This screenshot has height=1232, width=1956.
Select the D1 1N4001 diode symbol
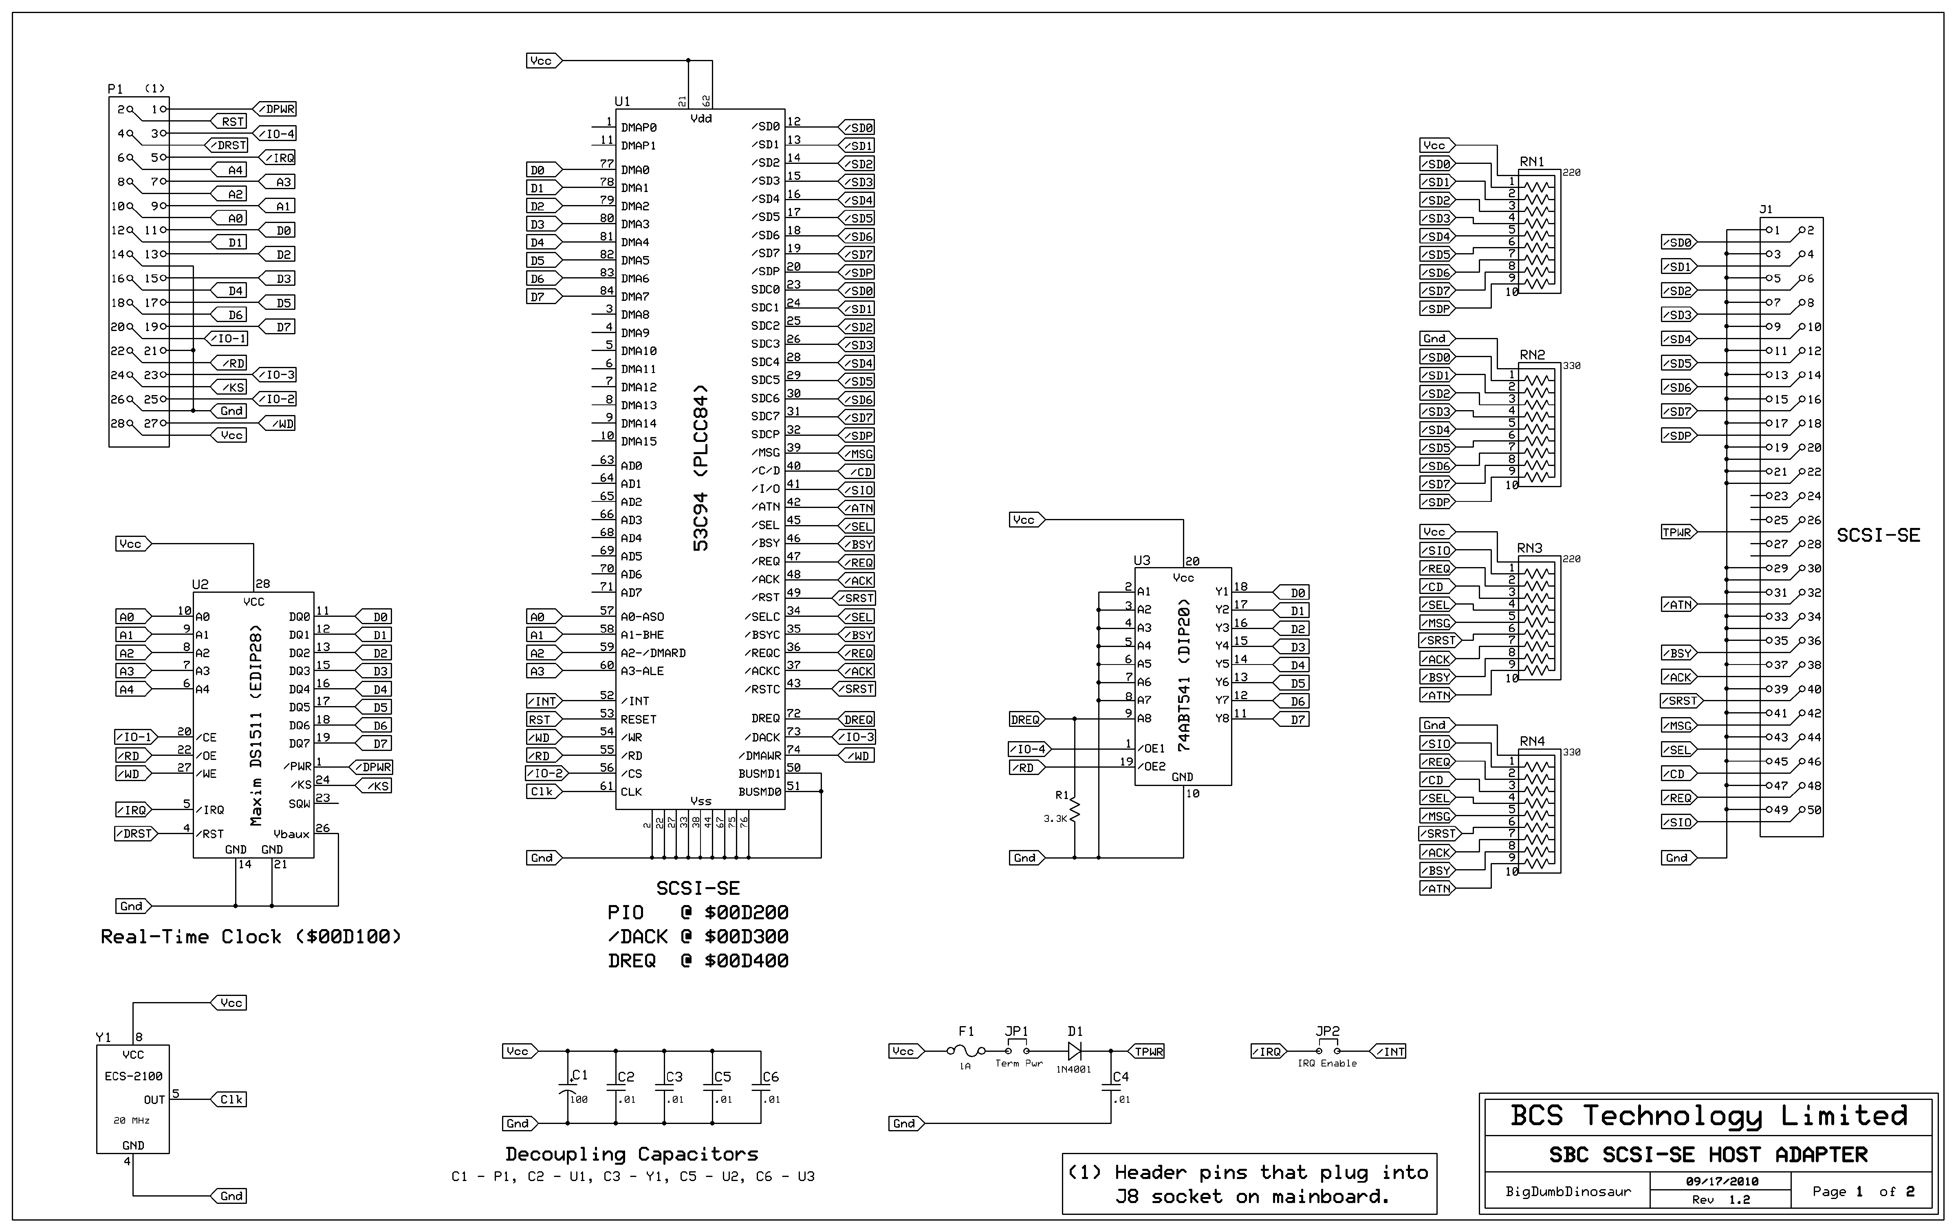[1075, 1051]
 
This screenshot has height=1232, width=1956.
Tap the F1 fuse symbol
[967, 1051]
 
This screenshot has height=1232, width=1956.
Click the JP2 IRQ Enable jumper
[1327, 1051]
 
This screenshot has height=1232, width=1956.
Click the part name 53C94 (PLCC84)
[700, 468]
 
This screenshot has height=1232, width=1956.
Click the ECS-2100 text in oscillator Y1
[133, 1076]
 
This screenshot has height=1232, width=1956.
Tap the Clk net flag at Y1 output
[230, 1100]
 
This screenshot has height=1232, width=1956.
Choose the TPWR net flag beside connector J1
[1677, 532]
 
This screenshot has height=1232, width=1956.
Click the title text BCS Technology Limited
[1708, 1116]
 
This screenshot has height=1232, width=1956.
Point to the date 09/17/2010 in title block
[1721, 1181]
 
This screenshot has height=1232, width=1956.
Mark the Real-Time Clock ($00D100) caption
[250, 936]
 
